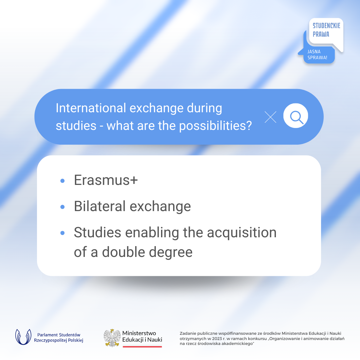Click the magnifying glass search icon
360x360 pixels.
pyautogui.click(x=297, y=117)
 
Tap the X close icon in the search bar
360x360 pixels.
pyautogui.click(x=270, y=117)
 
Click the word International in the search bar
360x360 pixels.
pyautogui.click(x=91, y=108)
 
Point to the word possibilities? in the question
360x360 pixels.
pyautogui.click(x=215, y=126)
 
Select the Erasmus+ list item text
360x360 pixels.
pyautogui.click(x=106, y=180)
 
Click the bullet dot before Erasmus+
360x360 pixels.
pyautogui.click(x=63, y=181)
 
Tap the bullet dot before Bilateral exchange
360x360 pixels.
pyautogui.click(x=63, y=207)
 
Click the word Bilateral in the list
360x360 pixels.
pyautogui.click(x=100, y=206)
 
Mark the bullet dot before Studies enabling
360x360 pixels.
pyautogui.click(x=63, y=233)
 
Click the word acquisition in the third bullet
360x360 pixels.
pyautogui.click(x=242, y=233)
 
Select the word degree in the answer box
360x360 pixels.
pyautogui.click(x=171, y=252)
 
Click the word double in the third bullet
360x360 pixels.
pyautogui.click(x=123, y=252)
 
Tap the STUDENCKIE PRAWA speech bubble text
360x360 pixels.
pyautogui.click(x=326, y=30)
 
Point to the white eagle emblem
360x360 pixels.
pyautogui.click(x=112, y=338)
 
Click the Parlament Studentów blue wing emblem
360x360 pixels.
pyautogui.click(x=23, y=337)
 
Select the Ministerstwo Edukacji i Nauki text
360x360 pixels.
pyautogui.click(x=142, y=336)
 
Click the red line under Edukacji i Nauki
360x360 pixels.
pyautogui.click(x=142, y=347)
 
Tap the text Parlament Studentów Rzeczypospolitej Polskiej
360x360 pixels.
pyautogui.click(x=59, y=337)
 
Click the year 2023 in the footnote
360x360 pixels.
pyautogui.click(x=217, y=339)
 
